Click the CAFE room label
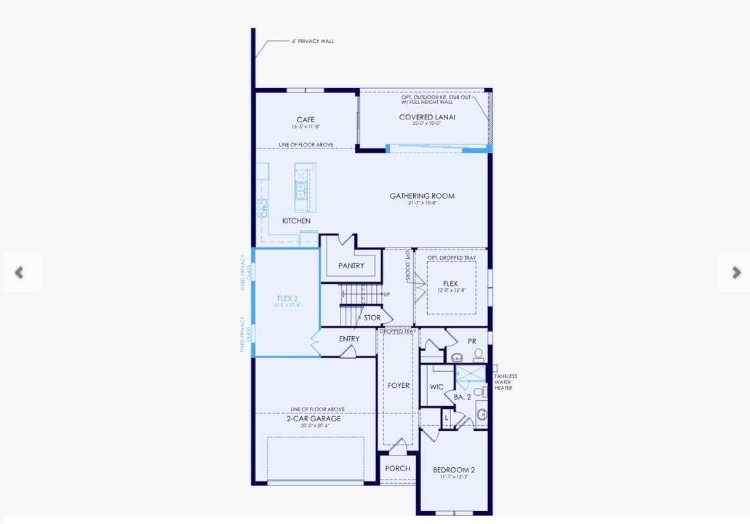[305, 120]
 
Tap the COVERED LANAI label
[427, 117]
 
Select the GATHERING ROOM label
[422, 196]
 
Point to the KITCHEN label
[296, 221]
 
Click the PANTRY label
[351, 266]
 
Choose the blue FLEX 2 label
[287, 298]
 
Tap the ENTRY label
[349, 339]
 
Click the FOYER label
[399, 386]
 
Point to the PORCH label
[398, 469]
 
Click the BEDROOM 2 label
[454, 470]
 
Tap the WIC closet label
[436, 387]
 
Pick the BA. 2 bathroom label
[463, 397]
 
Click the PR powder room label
[472, 341]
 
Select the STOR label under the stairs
[372, 318]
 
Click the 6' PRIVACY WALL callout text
[313, 41]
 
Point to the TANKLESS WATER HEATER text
[506, 382]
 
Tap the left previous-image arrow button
[20, 273]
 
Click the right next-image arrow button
[735, 273]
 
